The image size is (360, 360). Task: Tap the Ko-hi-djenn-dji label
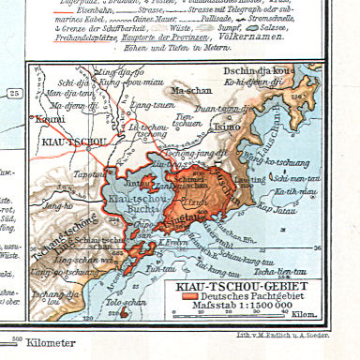click(271, 82)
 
